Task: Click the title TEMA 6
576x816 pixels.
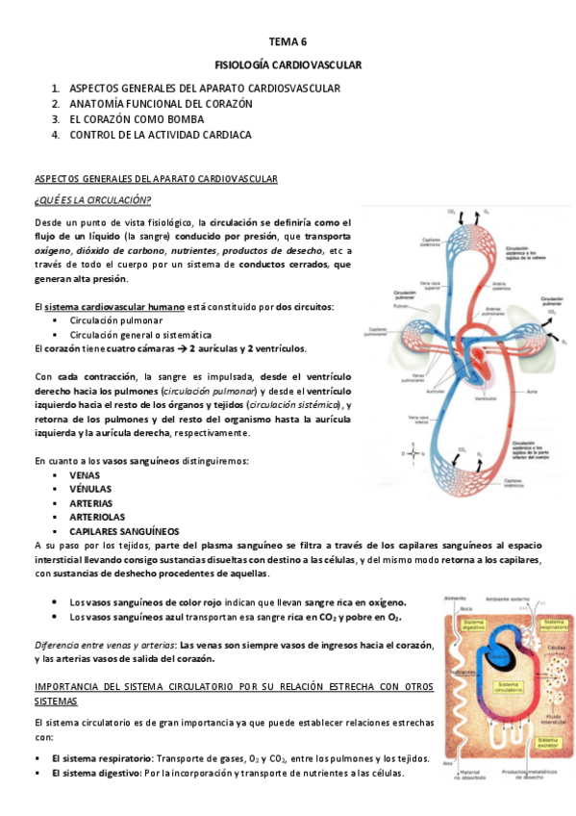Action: (288, 43)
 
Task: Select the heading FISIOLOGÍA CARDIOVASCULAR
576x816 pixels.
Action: (288, 65)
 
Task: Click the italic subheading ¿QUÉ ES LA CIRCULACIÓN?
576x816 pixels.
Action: (92, 199)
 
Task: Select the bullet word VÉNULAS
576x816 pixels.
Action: (91, 489)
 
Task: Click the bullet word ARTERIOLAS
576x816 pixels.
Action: (97, 517)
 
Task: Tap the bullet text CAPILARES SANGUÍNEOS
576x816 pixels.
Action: (123, 531)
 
